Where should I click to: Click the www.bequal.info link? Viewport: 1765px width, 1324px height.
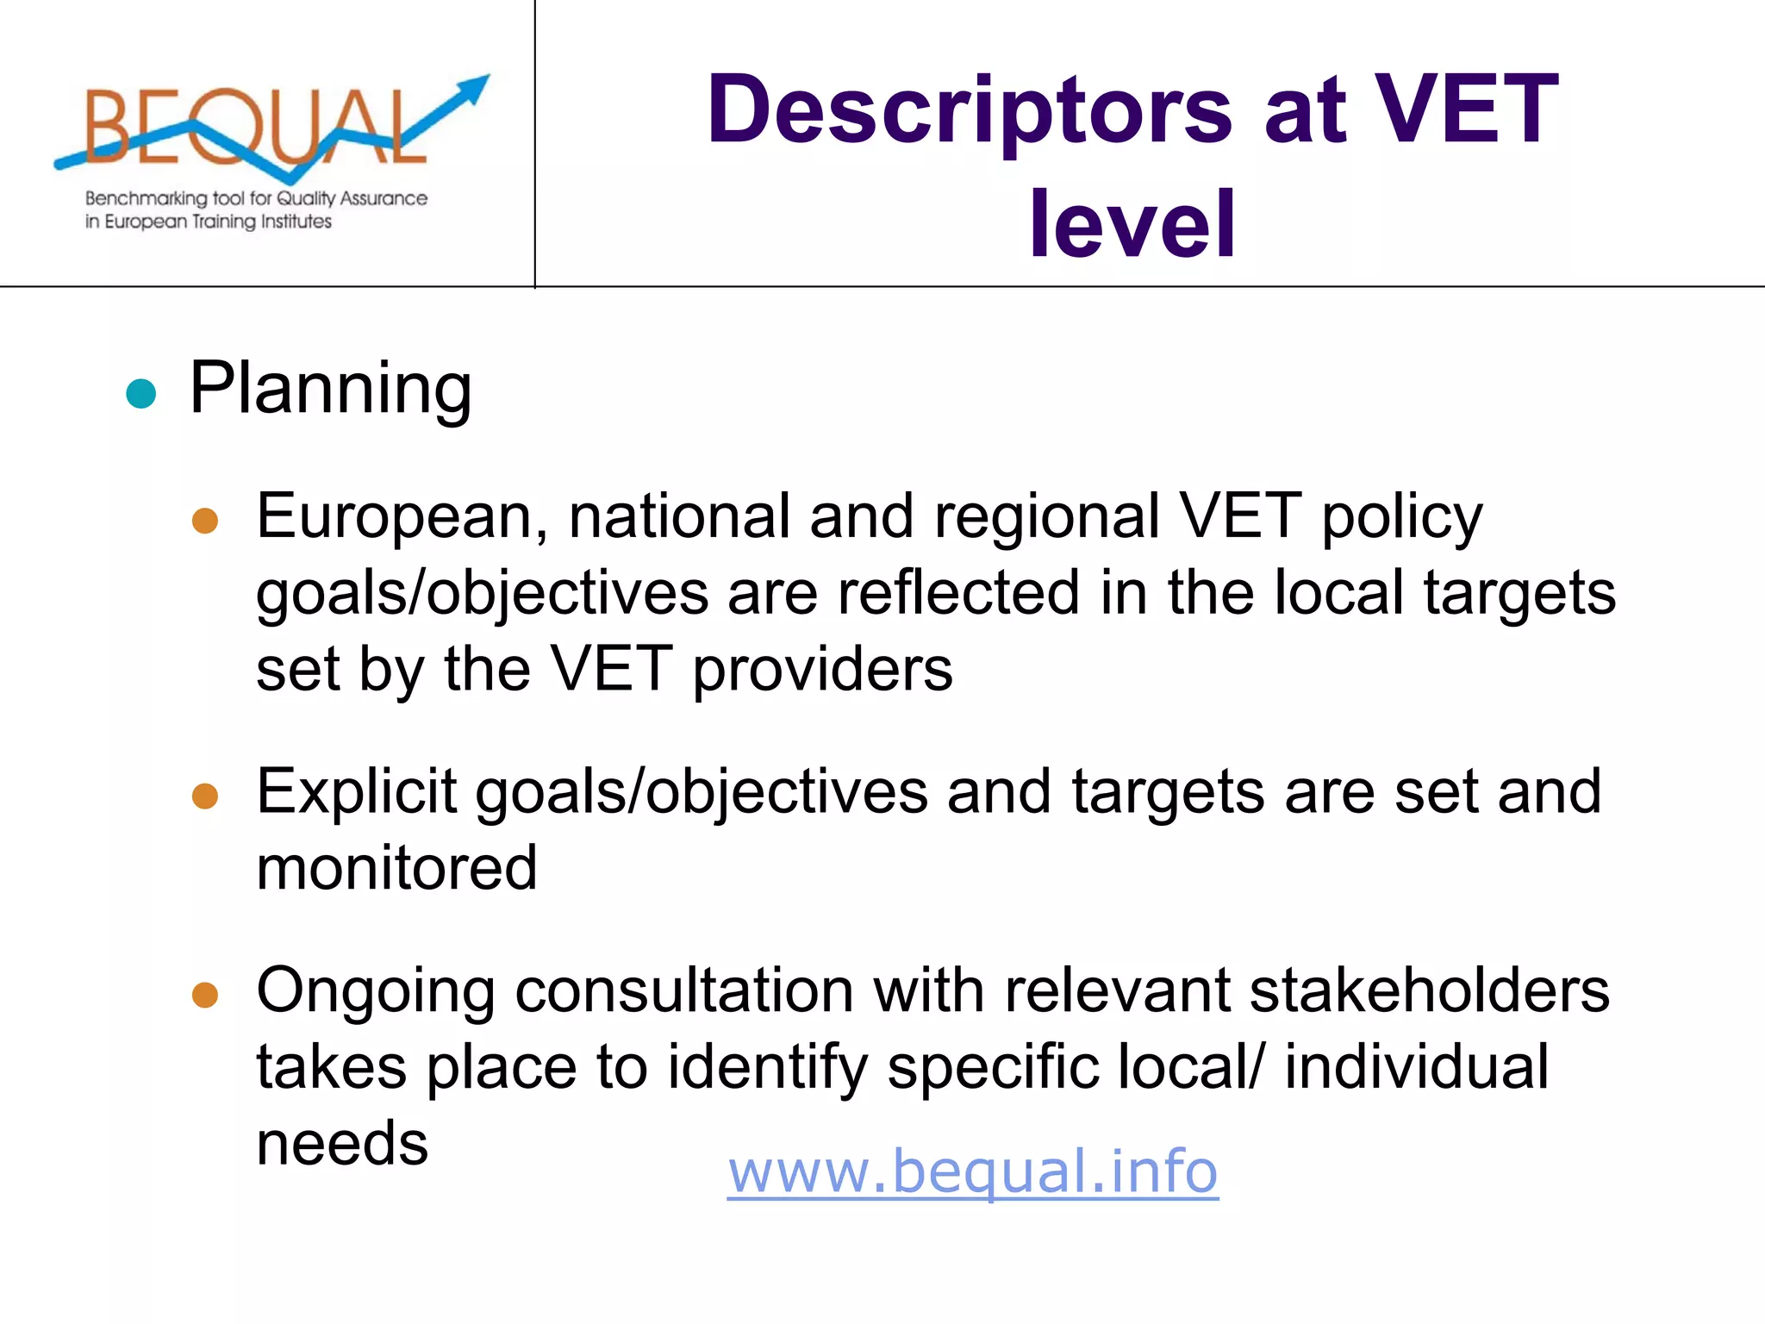[x=972, y=1171]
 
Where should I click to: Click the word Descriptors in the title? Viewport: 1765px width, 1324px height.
[x=970, y=111]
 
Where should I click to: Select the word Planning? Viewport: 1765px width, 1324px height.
[x=330, y=389]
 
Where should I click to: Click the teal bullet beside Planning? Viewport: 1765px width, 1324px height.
[x=140, y=393]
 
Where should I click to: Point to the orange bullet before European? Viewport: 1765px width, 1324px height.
[x=205, y=521]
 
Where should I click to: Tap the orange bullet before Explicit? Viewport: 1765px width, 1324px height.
[x=205, y=796]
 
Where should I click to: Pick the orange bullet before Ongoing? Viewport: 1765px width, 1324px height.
[x=205, y=995]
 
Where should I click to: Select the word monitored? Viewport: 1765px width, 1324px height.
[x=397, y=867]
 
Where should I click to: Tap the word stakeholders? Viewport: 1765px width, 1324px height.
[x=1430, y=990]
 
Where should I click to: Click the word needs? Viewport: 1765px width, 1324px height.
[x=342, y=1143]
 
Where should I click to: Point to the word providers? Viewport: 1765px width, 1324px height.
[x=823, y=670]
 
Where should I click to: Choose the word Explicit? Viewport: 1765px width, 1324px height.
[x=356, y=791]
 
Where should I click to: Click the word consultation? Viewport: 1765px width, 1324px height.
[x=684, y=990]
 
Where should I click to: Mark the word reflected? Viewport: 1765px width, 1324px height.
[x=958, y=592]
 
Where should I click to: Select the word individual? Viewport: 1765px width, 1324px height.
[x=1416, y=1066]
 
